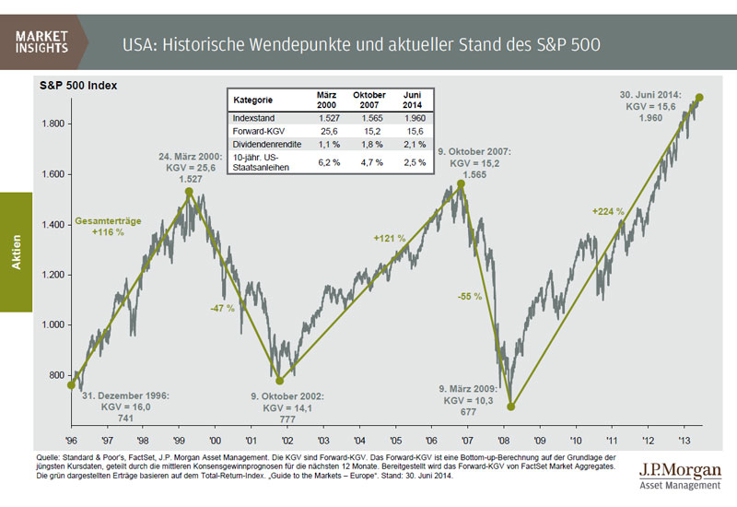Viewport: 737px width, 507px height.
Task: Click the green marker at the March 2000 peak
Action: [189, 192]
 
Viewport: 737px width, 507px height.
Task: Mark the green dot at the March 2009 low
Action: [511, 406]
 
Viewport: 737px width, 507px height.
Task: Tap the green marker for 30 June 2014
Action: [699, 98]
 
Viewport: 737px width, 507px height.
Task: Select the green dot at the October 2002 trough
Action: [279, 380]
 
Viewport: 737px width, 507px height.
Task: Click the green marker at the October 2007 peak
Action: [461, 183]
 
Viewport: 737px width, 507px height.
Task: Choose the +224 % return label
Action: [608, 212]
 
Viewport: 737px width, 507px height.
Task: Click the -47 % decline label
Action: [221, 308]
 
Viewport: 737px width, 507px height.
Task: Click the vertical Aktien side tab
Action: [16, 253]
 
